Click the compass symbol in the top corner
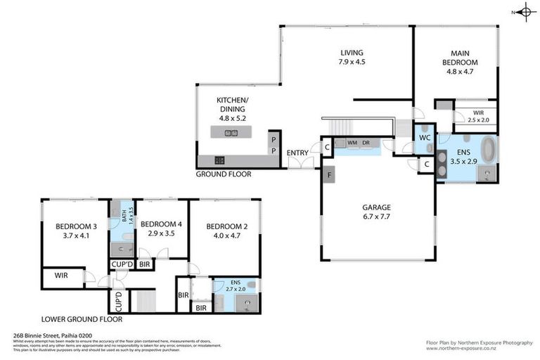tap(525, 11)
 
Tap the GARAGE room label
tap(376, 207)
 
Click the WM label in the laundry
tap(352, 143)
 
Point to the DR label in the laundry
tap(366, 143)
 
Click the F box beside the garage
tap(328, 173)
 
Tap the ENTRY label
tap(297, 153)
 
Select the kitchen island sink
tap(230, 133)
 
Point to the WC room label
tap(424, 137)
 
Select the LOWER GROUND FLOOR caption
tap(82, 319)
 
